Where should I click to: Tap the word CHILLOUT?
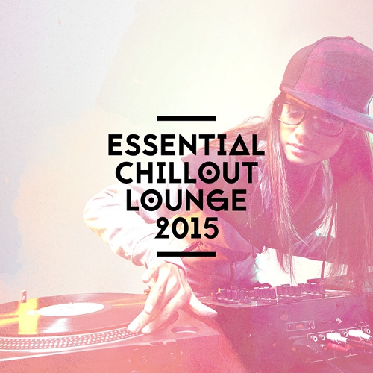tap(186, 172)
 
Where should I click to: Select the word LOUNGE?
tap(186, 199)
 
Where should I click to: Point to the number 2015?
tap(186, 227)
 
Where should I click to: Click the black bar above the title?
tap(186, 119)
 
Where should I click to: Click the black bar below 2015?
tap(186, 254)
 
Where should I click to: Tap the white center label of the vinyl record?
tap(71, 309)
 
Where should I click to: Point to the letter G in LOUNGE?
tap(216, 200)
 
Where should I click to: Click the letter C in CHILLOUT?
tap(125, 172)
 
